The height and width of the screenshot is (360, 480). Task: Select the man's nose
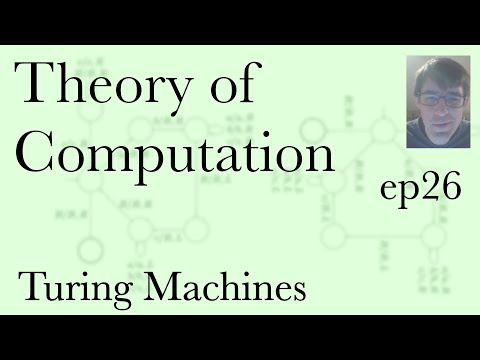point(438,110)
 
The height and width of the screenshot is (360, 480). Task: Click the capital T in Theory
point(38,88)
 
